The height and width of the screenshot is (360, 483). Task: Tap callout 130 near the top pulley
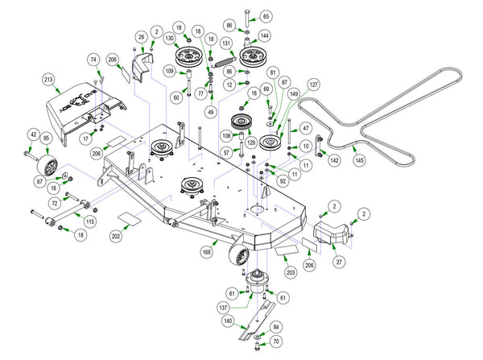click(x=169, y=39)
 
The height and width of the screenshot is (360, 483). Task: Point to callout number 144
click(x=265, y=36)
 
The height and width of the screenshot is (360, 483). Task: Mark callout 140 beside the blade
click(x=228, y=321)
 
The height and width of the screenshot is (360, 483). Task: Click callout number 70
click(x=276, y=341)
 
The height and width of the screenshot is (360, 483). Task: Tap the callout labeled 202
click(x=116, y=238)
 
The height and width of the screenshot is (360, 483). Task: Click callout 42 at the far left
click(x=34, y=134)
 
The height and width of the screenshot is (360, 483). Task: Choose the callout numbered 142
click(x=334, y=161)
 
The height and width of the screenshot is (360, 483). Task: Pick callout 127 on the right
click(x=313, y=84)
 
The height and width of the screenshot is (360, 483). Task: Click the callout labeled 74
click(x=93, y=60)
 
